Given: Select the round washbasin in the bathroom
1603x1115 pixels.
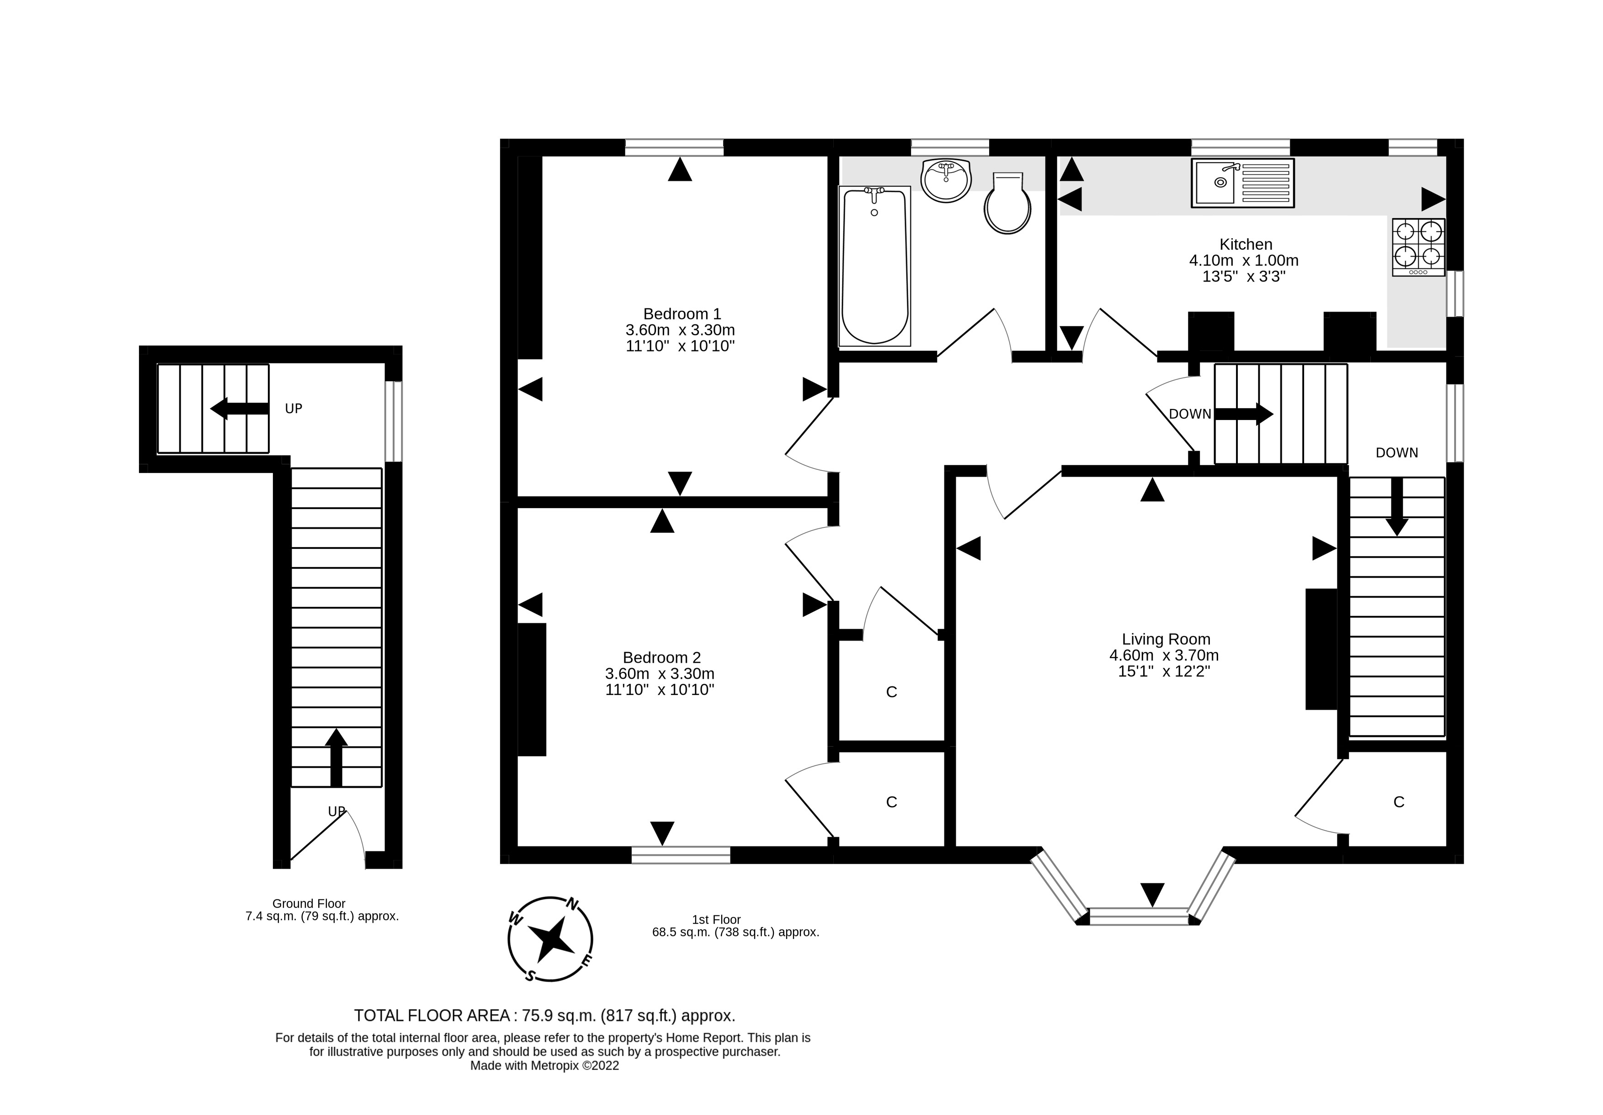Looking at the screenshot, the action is (946, 181).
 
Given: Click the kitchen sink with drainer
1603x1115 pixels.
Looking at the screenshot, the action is (1242, 183).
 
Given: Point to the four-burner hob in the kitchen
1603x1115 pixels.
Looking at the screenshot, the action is (1418, 247).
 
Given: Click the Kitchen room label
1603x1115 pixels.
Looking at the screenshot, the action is (1246, 244).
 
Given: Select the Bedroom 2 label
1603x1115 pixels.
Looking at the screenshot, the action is (661, 658).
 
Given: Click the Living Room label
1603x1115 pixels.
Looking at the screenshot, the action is (1165, 639).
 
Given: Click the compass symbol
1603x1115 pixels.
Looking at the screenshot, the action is (550, 939).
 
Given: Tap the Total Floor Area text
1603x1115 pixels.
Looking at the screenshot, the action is (544, 1015).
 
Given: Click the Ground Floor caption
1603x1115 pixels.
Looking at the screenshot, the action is (309, 903).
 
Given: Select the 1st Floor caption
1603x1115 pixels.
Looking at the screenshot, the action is (716, 919).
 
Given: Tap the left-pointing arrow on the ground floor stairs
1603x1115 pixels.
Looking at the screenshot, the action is (239, 409).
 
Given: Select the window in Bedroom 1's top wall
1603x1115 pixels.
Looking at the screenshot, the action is (674, 147).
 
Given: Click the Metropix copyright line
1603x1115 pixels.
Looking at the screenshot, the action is (544, 1066).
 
